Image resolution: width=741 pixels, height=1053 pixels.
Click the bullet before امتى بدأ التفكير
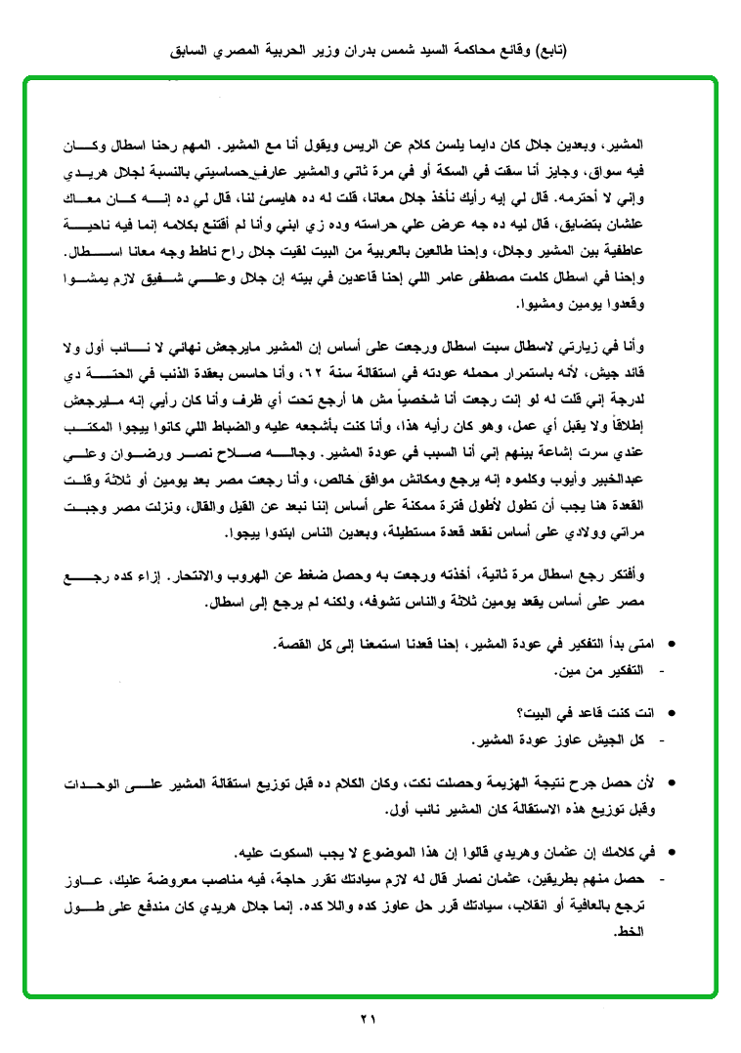(671, 647)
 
